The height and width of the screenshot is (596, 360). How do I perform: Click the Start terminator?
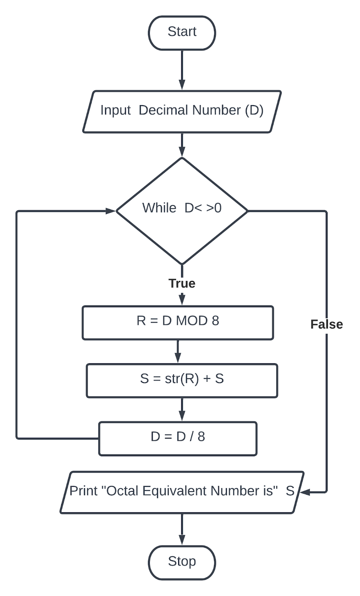(x=182, y=33)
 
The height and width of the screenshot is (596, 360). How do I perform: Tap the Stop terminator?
(x=182, y=562)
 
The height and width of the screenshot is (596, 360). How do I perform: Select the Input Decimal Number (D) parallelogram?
(x=182, y=111)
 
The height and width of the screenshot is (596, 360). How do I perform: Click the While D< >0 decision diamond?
(x=182, y=211)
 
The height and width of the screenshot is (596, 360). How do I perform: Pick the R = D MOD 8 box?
(x=178, y=323)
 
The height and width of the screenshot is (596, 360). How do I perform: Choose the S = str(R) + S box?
(x=182, y=381)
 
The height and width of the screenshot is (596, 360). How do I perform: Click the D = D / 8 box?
(x=178, y=438)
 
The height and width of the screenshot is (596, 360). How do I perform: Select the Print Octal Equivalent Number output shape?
(x=182, y=492)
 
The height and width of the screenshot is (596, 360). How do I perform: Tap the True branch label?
(x=182, y=283)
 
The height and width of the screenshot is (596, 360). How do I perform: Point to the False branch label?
(x=327, y=324)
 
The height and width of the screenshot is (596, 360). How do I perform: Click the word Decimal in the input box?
(x=163, y=110)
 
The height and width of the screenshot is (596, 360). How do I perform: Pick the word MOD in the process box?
(x=192, y=321)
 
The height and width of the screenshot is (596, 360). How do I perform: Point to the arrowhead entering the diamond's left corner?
(x=111, y=211)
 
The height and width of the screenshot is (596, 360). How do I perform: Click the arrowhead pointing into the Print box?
(x=305, y=492)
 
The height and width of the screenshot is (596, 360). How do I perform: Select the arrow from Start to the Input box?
(x=182, y=70)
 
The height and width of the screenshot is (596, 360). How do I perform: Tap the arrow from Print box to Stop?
(x=182, y=529)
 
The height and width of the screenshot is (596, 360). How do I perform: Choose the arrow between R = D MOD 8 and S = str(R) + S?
(x=178, y=352)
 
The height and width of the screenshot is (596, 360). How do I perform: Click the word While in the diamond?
(x=159, y=208)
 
